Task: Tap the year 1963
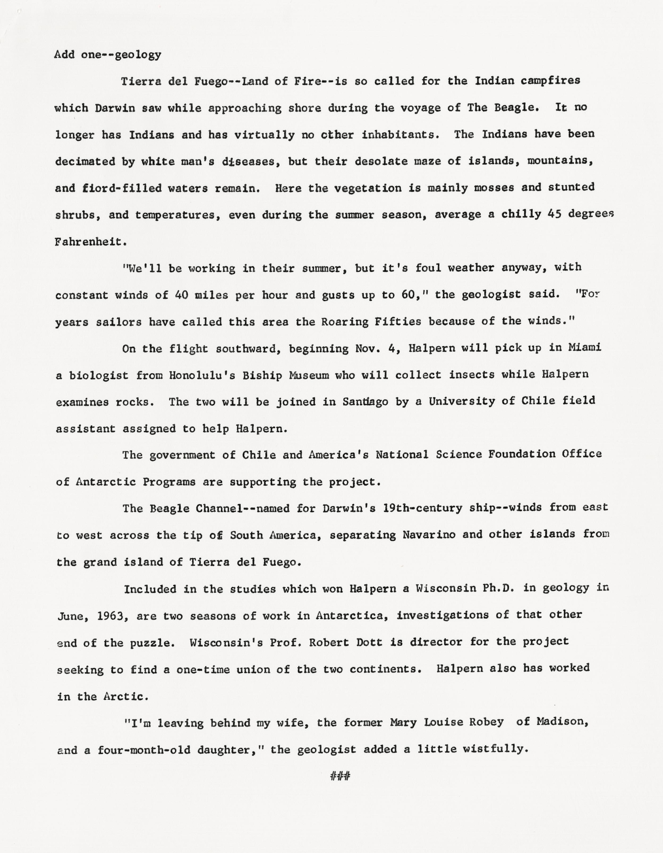tap(110, 616)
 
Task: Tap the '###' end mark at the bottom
tap(340, 776)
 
